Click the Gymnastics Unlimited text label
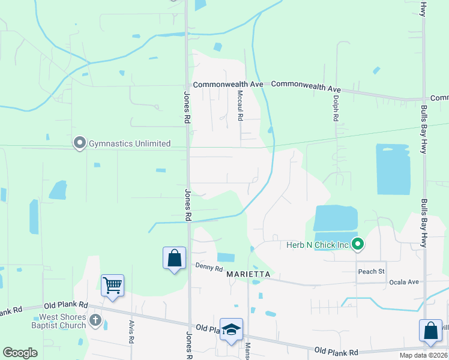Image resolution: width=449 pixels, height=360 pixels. (130, 143)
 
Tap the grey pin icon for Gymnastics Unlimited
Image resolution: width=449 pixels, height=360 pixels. (79, 143)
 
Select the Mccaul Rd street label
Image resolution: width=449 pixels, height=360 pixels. (240, 105)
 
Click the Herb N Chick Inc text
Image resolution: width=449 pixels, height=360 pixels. (318, 244)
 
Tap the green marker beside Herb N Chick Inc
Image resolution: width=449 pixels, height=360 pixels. (358, 244)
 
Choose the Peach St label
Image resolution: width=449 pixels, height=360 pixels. (371, 272)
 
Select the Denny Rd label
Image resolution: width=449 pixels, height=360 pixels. (208, 267)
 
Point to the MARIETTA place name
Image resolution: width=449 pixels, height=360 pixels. (249, 274)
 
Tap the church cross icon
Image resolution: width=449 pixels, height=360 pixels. (95, 321)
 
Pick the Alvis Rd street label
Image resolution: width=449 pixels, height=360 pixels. (131, 331)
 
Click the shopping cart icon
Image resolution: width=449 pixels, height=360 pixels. (112, 285)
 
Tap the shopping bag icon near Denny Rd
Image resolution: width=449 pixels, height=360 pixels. (174, 258)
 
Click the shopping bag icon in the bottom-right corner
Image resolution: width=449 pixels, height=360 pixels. (431, 331)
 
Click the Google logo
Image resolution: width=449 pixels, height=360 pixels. (20, 353)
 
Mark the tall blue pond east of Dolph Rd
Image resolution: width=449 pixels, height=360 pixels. (393, 169)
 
